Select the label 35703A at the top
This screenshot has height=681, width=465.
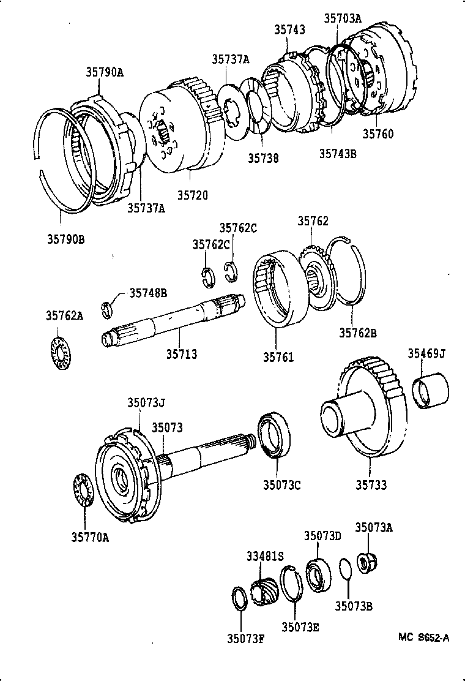pyautogui.click(x=343, y=18)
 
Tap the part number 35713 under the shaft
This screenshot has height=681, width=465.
pyautogui.click(x=182, y=354)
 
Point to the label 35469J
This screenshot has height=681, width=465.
pyautogui.click(x=426, y=353)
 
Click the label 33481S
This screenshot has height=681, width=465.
pyautogui.click(x=266, y=556)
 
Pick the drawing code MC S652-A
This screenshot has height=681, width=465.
pyautogui.click(x=423, y=638)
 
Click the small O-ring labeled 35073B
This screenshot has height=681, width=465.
pyautogui.click(x=345, y=568)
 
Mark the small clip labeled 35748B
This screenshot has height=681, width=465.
pyautogui.click(x=105, y=307)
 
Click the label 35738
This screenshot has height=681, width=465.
pyautogui.click(x=263, y=158)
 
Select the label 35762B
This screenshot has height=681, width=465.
pyautogui.click(x=358, y=333)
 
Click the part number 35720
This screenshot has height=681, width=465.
pyautogui.click(x=193, y=195)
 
